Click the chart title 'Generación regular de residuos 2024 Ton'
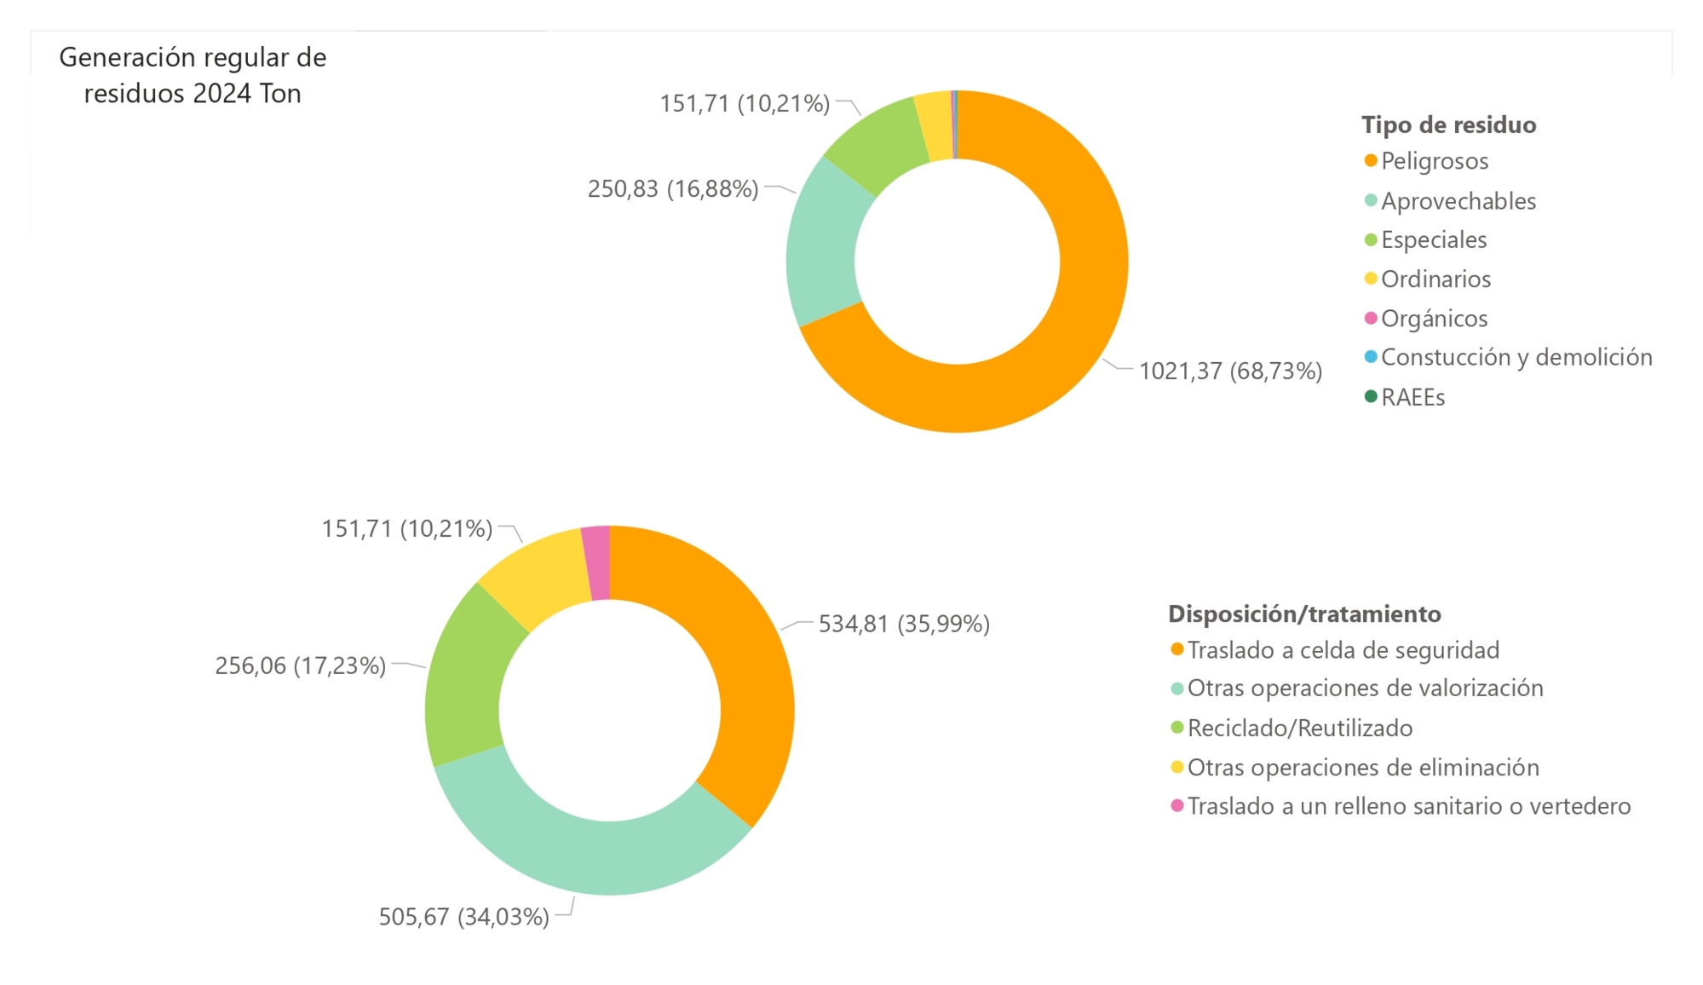193,75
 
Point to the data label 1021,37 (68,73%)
1230,372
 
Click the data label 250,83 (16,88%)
673,189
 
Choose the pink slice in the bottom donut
597,563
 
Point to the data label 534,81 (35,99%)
904,625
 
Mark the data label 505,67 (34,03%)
464,917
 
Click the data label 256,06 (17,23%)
301,665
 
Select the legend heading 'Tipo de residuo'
1448,125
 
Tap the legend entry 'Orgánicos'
1434,319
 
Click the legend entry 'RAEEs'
1412,398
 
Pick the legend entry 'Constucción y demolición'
1516,358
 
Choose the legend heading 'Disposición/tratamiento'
1304,614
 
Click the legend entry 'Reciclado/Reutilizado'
1300,729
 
